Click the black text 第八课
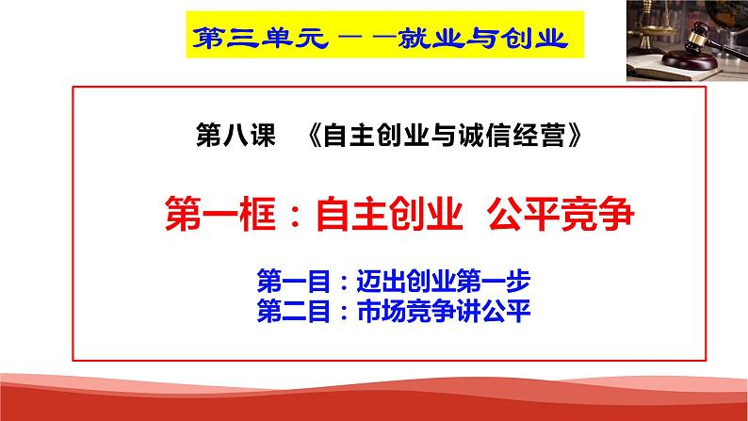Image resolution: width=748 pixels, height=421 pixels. (x=235, y=138)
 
